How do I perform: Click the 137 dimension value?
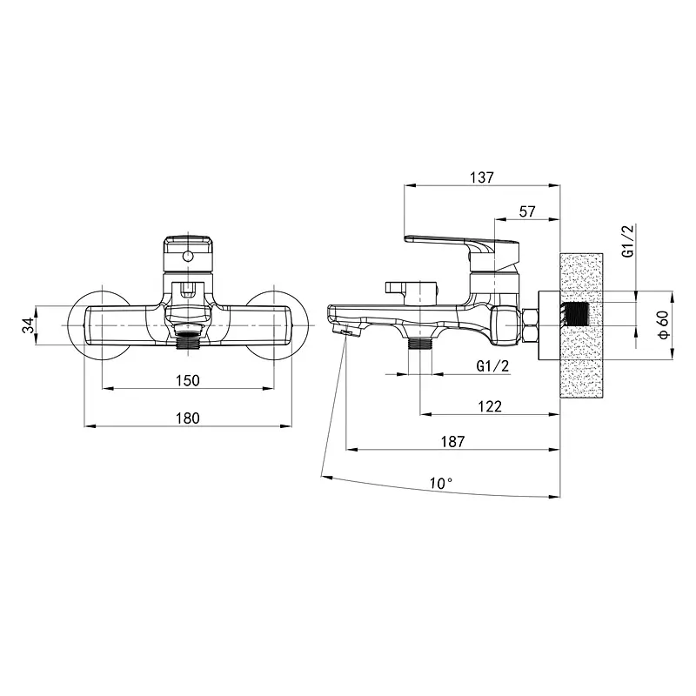[x=482, y=177]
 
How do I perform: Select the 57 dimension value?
[x=527, y=211]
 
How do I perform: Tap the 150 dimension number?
[x=188, y=381]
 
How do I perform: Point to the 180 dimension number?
[x=188, y=418]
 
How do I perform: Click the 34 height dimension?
[x=28, y=325]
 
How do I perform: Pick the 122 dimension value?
[x=490, y=406]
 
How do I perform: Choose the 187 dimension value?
[x=452, y=442]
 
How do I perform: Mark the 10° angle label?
[x=441, y=484]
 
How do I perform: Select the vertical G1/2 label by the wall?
[x=628, y=241]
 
